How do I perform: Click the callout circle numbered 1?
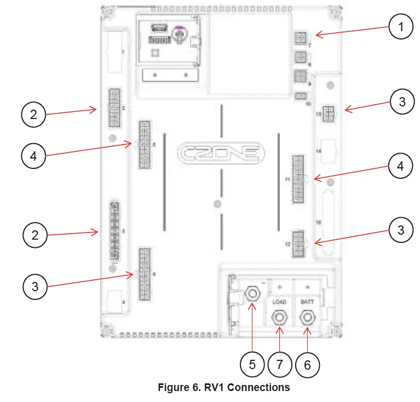(x=402, y=26)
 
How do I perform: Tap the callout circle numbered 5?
(x=252, y=364)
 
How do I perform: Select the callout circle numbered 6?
(x=307, y=364)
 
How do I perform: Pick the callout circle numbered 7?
(x=280, y=364)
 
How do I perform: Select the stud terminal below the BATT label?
(x=306, y=318)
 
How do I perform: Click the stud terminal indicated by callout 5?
(x=252, y=294)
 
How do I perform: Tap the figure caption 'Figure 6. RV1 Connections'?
(x=223, y=388)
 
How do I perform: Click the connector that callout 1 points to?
(x=300, y=38)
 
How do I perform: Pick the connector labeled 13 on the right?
(x=329, y=115)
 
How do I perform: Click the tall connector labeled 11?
(x=298, y=179)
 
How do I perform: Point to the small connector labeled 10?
(x=300, y=97)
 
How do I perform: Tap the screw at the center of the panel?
(x=217, y=205)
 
